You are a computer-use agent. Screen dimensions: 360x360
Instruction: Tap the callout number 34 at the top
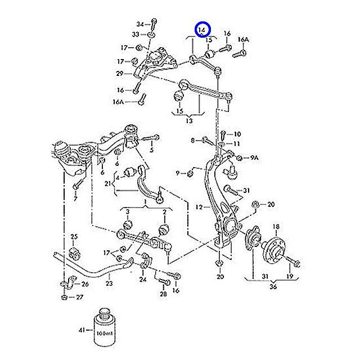click(x=140, y=24)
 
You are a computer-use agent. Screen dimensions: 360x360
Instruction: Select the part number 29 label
click(x=120, y=74)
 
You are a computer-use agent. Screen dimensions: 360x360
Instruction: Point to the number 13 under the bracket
click(x=189, y=120)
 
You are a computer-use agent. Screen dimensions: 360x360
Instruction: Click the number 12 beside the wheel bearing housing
click(x=199, y=208)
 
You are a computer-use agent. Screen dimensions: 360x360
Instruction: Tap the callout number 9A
click(x=254, y=159)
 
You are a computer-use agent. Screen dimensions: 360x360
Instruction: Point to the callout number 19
click(x=289, y=277)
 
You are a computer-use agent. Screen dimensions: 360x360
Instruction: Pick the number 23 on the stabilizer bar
click(x=109, y=283)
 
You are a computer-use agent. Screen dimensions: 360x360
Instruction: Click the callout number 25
click(x=74, y=236)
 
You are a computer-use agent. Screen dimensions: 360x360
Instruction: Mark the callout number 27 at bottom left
click(x=79, y=296)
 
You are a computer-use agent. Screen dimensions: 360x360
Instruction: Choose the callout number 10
click(x=237, y=134)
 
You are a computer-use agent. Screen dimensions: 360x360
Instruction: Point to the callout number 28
click(x=163, y=293)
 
